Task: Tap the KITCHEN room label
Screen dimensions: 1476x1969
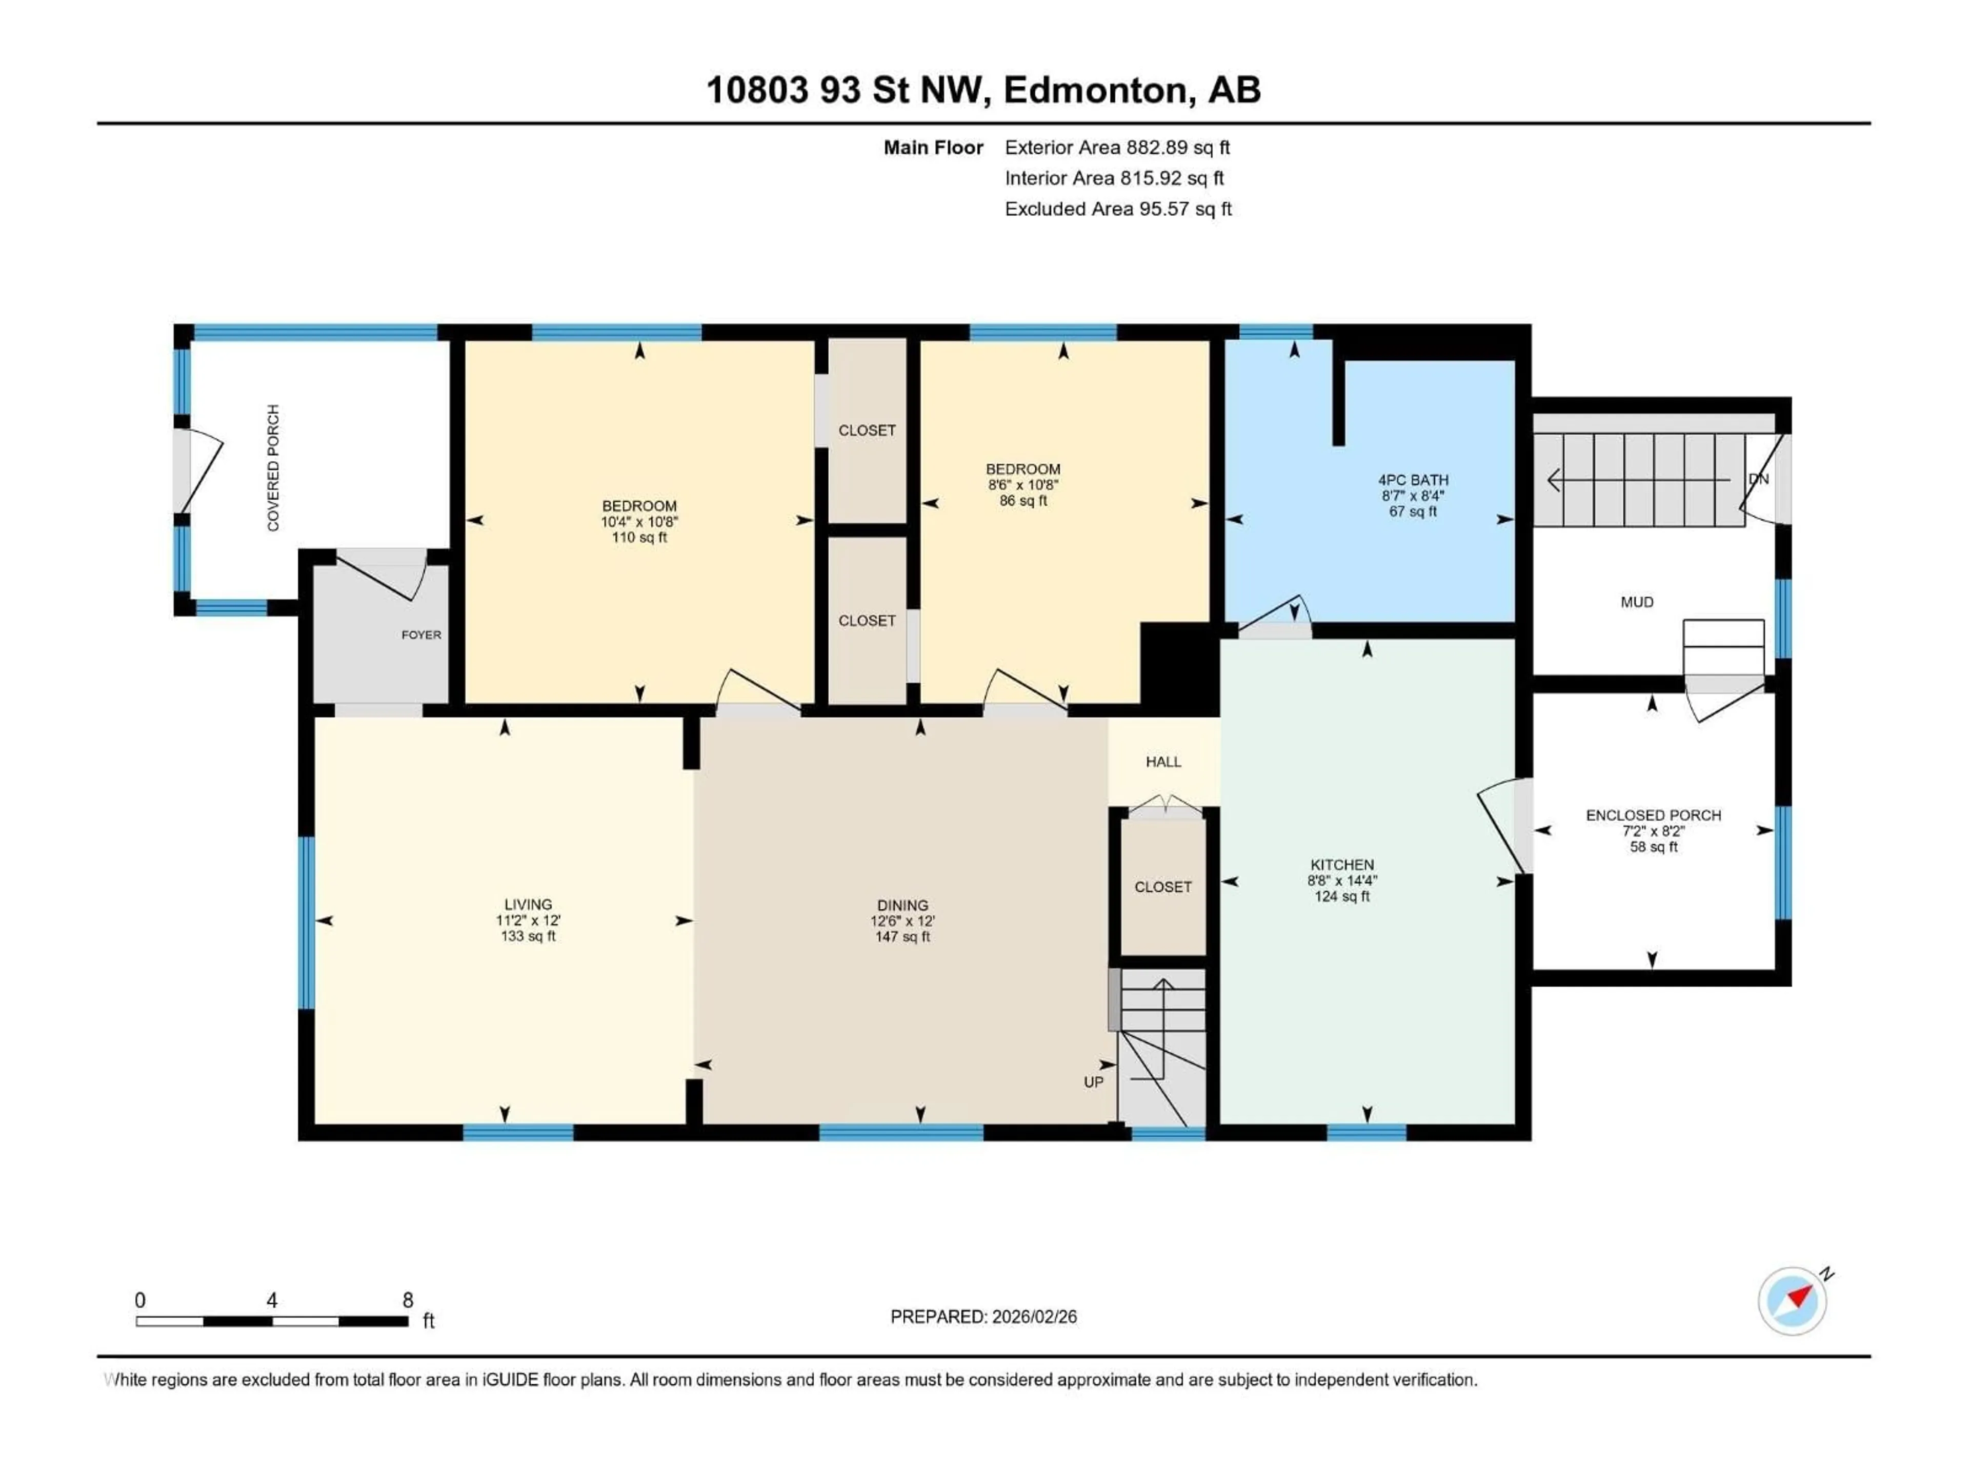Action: (x=1341, y=865)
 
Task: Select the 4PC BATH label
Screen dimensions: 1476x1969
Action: (x=1413, y=480)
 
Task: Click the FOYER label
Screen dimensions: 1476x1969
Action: (x=421, y=635)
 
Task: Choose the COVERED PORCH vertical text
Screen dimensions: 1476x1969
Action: (x=273, y=468)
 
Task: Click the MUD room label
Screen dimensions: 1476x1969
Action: (x=1636, y=602)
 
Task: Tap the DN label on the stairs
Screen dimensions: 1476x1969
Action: (x=1758, y=479)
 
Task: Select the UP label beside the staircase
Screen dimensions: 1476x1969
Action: (x=1093, y=1082)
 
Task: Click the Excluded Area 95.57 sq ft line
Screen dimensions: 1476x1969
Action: (x=1117, y=209)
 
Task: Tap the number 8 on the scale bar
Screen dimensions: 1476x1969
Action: (x=408, y=1300)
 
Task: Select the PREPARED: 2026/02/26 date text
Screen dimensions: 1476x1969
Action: (x=983, y=1317)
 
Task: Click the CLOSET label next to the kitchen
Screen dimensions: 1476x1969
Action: (x=1162, y=887)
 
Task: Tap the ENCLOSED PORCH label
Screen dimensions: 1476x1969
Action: (x=1653, y=815)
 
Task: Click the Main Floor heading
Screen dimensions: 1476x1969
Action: (x=933, y=148)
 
